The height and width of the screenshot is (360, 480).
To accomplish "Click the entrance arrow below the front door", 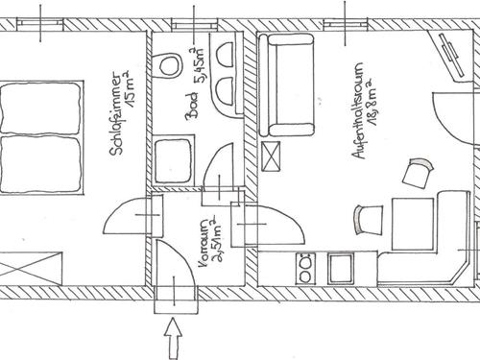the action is [173, 338].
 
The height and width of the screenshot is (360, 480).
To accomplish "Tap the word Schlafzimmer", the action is [116, 115].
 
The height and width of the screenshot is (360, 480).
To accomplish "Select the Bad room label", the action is [192, 107].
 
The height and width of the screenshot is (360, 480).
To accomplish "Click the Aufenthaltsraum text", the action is [358, 110].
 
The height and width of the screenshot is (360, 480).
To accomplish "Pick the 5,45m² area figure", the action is [199, 65].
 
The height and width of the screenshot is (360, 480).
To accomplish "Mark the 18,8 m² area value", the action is [372, 104].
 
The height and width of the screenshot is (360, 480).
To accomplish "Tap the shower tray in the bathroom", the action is [173, 160].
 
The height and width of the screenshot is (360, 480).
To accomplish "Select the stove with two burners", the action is [305, 268].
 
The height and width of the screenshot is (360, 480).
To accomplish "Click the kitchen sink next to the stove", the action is [341, 268].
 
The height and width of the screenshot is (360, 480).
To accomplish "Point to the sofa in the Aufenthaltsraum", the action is [286, 85].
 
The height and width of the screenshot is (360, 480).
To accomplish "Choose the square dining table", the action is [413, 224].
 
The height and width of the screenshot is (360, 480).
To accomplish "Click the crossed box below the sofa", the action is [271, 156].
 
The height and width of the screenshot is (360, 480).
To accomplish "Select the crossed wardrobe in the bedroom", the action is [31, 268].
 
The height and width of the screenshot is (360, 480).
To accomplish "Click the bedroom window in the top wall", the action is [40, 25].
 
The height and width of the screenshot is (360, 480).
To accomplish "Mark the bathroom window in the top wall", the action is [194, 25].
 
